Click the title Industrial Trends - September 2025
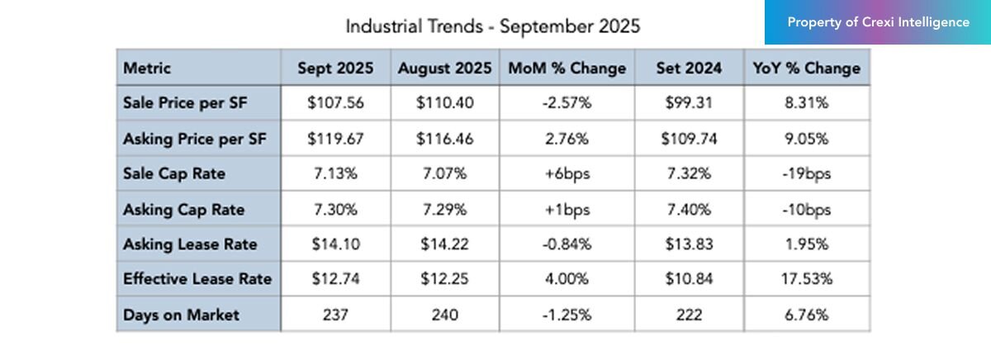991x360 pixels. click(x=492, y=26)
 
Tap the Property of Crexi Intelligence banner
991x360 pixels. click(x=878, y=22)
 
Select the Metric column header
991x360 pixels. click(x=148, y=69)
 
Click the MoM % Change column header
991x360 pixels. click(x=567, y=69)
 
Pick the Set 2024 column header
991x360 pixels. click(x=689, y=69)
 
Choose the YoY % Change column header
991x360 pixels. click(x=806, y=69)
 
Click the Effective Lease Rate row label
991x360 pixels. click(x=197, y=279)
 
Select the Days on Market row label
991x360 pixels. click(x=181, y=315)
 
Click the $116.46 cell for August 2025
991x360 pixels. click(x=447, y=139)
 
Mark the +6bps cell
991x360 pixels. click(x=567, y=174)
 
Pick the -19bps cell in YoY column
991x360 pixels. click(x=806, y=174)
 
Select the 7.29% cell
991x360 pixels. click(x=447, y=210)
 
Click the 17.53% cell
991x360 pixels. click(x=806, y=279)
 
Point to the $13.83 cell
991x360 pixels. click(x=689, y=244)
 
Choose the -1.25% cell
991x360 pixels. click(x=567, y=315)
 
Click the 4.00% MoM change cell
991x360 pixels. click(x=567, y=279)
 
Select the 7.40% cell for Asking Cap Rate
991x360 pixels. click(x=689, y=210)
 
